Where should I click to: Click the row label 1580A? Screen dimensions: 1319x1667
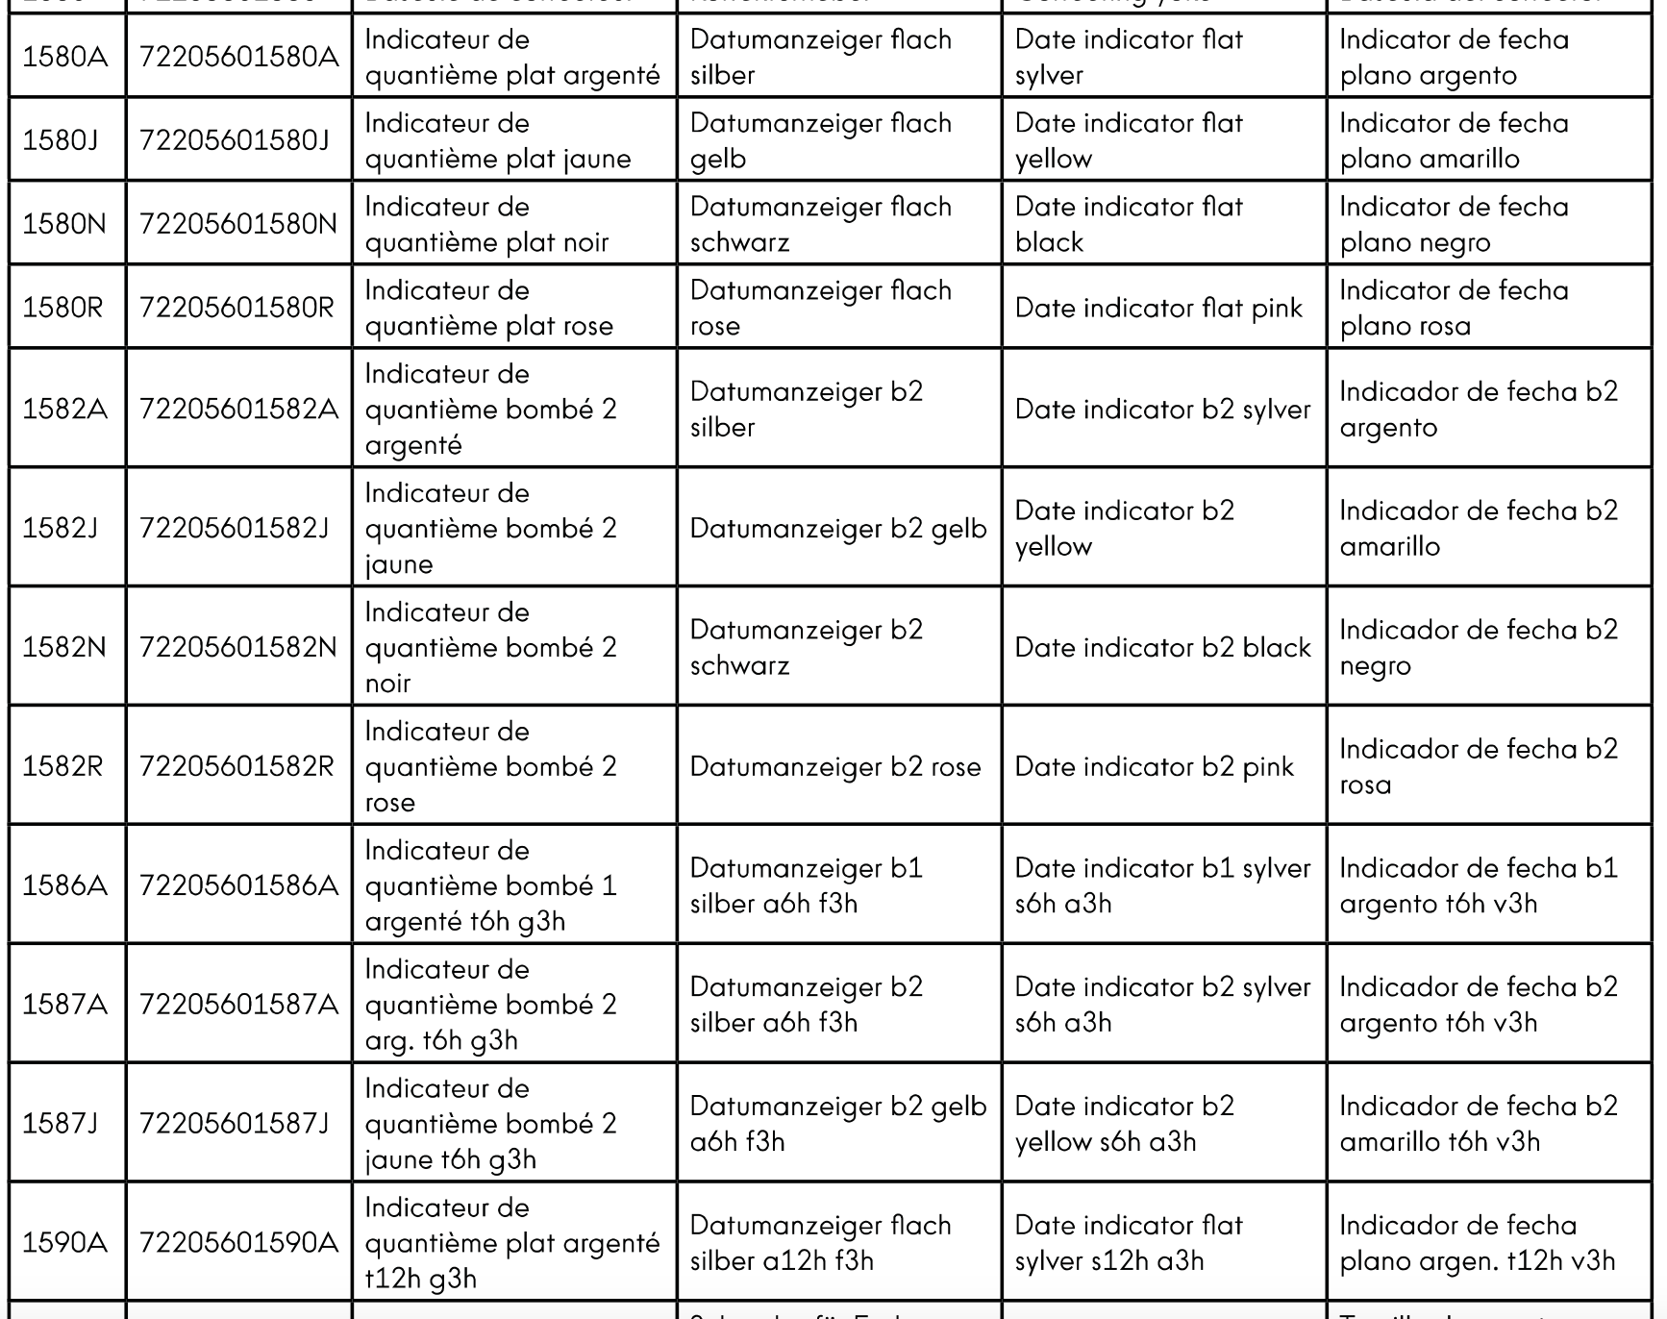coord(65,57)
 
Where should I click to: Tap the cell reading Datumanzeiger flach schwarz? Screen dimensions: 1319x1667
coord(820,224)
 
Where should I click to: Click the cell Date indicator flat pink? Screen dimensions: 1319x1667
coord(1158,308)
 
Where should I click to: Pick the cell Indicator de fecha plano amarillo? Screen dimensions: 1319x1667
coord(1454,140)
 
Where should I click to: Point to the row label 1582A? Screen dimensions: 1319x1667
coord(65,409)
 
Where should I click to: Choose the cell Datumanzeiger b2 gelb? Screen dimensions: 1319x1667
coord(837,528)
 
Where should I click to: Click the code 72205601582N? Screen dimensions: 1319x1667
coord(238,647)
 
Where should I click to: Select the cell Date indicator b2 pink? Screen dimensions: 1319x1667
coord(1154,766)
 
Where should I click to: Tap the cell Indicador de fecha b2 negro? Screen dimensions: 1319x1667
coord(1479,647)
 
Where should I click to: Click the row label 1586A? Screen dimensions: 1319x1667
coord(65,884)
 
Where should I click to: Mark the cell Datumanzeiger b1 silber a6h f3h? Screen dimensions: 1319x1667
coord(806,885)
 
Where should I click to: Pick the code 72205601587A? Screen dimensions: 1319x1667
coord(238,1004)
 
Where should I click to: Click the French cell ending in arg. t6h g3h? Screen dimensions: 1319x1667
coord(490,1005)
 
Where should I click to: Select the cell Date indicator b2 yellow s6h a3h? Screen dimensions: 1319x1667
coord(1124,1123)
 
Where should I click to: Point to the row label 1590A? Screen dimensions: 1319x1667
coord(65,1242)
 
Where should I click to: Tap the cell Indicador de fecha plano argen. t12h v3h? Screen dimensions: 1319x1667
coord(1477,1242)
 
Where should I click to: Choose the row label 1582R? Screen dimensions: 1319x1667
coord(62,766)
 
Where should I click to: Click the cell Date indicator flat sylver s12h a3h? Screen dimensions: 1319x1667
coord(1129,1242)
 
